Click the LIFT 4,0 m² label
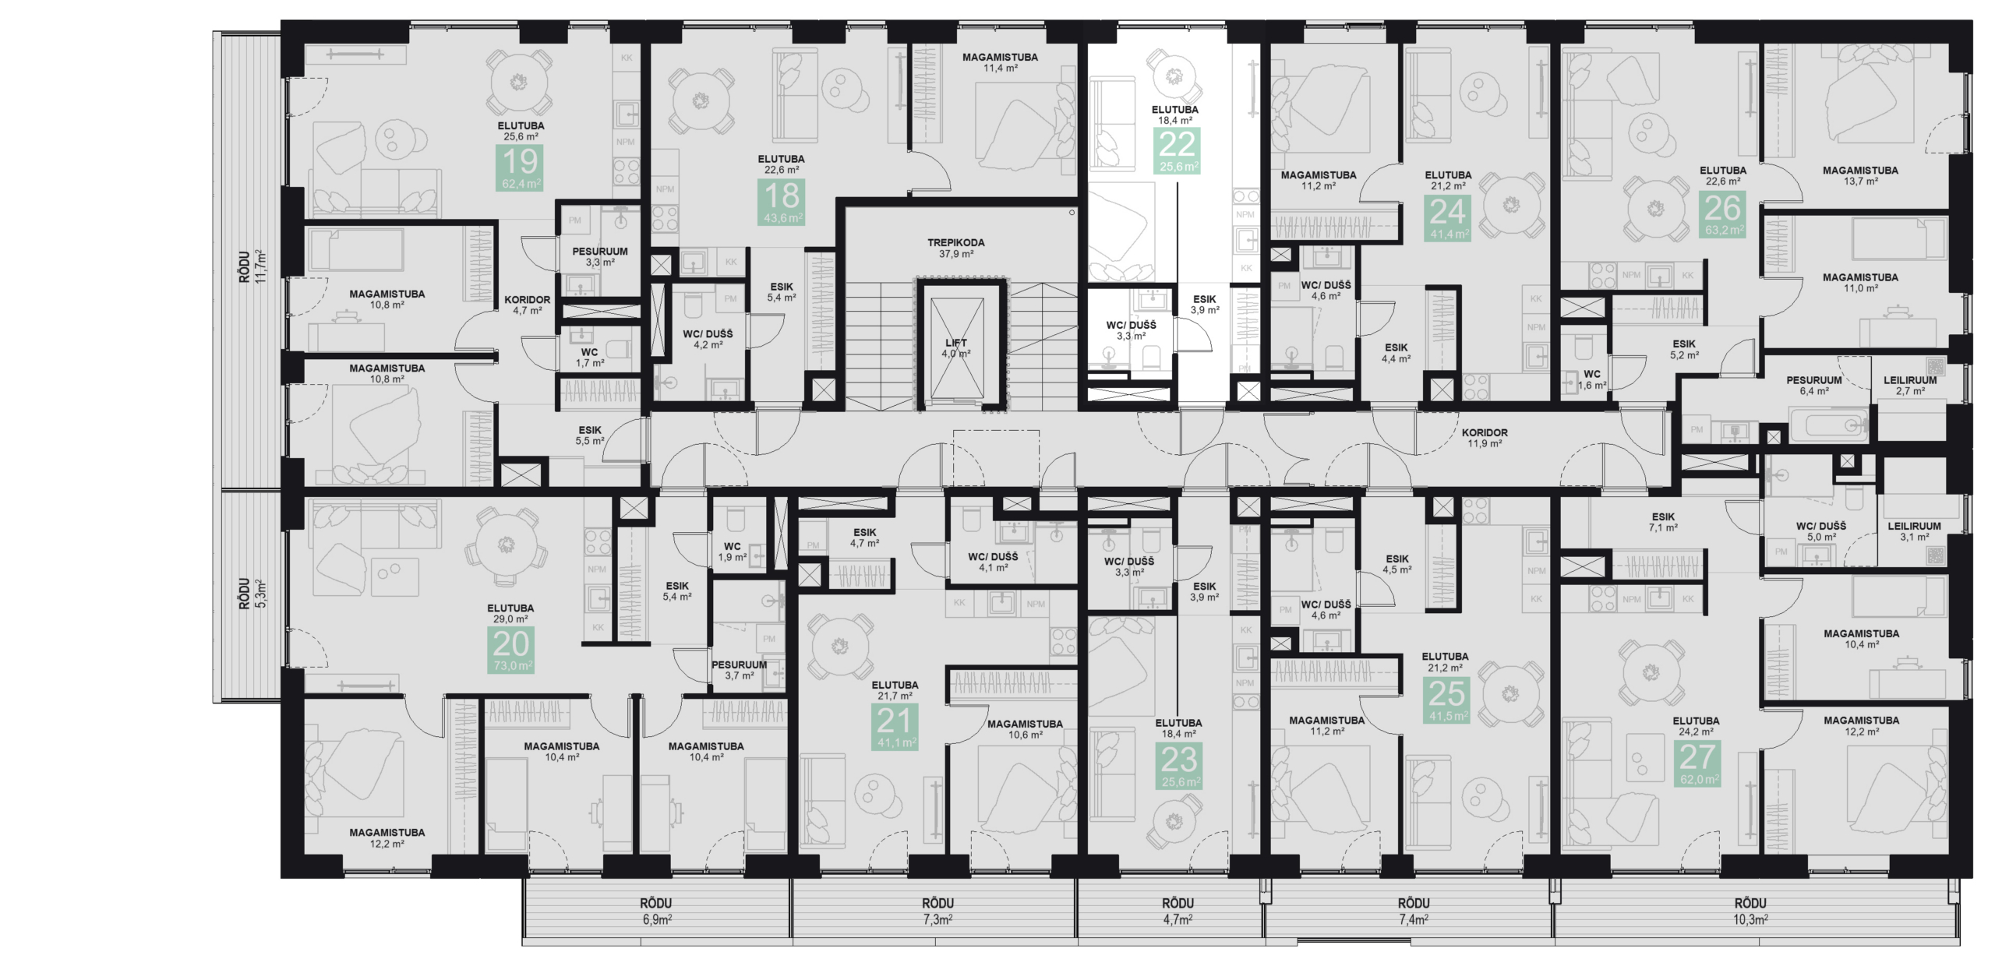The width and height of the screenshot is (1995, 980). [955, 348]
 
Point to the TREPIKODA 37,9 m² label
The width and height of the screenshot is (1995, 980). [955, 248]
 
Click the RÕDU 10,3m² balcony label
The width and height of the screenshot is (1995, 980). [1750, 910]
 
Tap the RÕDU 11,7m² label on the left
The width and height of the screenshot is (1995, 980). [252, 266]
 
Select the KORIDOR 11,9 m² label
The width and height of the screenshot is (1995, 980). [1484, 438]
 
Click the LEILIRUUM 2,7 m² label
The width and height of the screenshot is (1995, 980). [1909, 386]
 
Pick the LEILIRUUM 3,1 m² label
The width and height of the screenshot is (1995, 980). [1914, 531]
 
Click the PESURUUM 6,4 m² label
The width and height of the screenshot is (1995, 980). [1813, 386]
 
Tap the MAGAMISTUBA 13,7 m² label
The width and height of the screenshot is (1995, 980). [1859, 175]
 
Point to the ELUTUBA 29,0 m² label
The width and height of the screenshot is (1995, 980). [510, 613]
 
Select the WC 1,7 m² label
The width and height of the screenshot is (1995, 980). [590, 358]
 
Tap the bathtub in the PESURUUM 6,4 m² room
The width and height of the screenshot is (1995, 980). [1828, 425]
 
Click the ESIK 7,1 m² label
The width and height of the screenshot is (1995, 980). [1662, 522]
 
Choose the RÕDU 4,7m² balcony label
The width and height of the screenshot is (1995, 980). [1178, 910]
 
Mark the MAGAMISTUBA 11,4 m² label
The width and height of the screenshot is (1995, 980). [999, 62]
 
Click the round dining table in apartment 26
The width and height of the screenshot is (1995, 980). [1657, 209]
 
